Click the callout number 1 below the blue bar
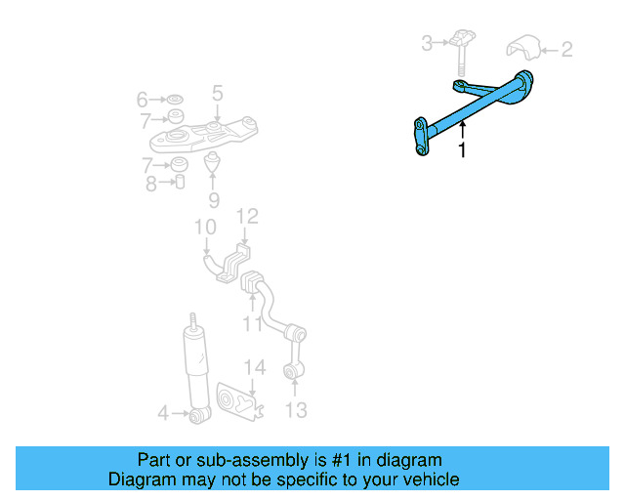462,150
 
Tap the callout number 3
427,42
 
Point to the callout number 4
164,414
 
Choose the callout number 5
218,94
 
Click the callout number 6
143,99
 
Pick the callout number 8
151,183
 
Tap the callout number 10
204,229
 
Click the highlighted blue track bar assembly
469,109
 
